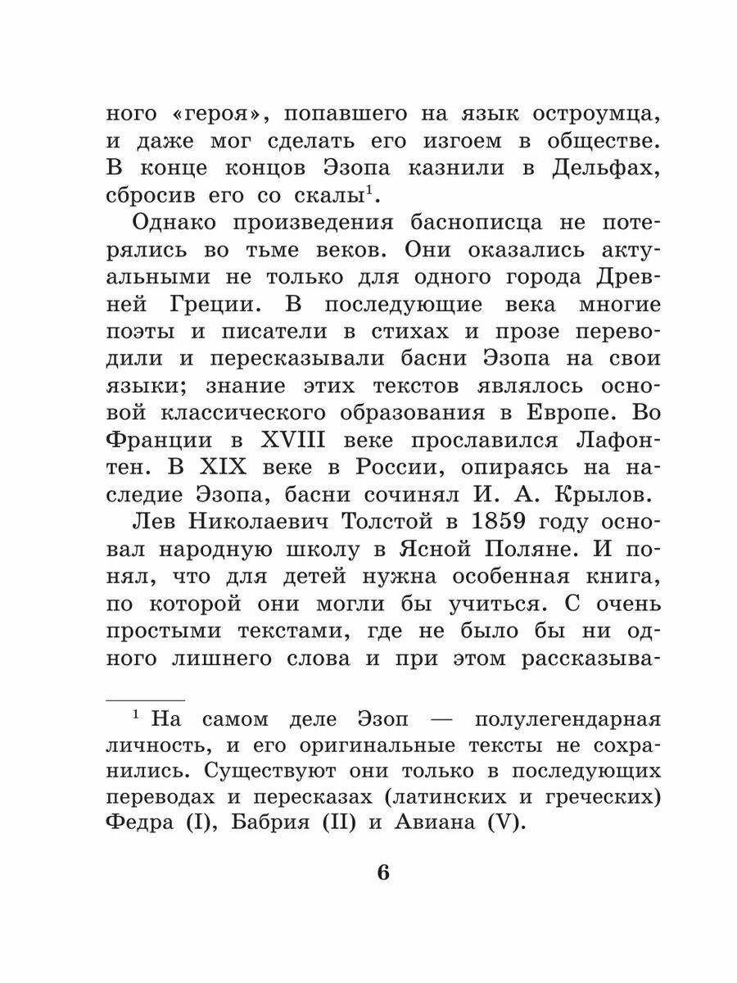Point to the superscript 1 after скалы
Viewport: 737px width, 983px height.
tap(369, 191)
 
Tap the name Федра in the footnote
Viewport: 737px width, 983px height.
tap(143, 823)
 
